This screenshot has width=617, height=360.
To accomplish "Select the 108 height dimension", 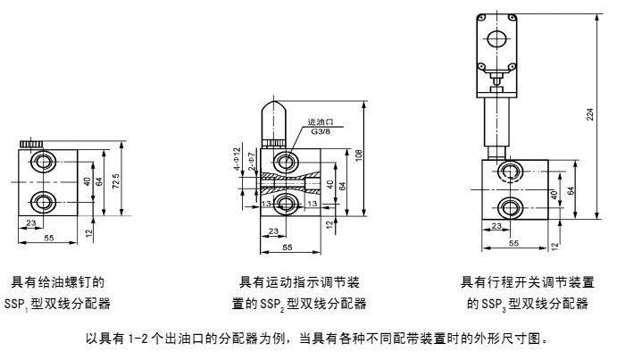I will [359, 156].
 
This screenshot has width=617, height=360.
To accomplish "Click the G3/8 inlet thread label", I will [322, 132].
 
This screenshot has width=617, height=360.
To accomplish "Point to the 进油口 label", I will [320, 122].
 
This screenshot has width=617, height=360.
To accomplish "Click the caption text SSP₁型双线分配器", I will [57, 304].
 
